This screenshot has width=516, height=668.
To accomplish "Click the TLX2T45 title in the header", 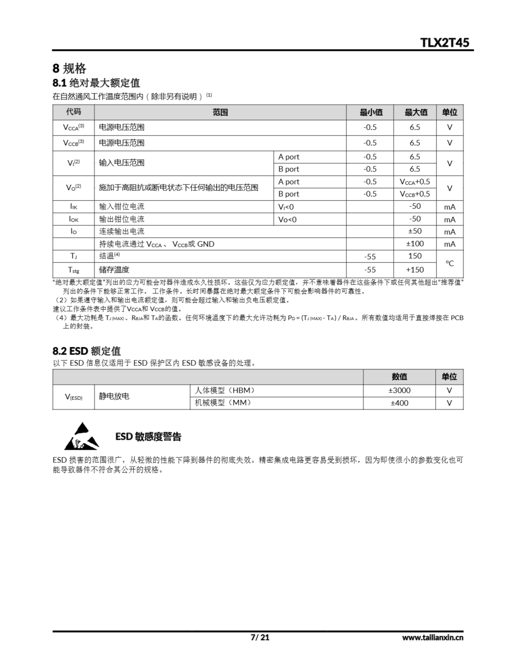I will coord(445,43).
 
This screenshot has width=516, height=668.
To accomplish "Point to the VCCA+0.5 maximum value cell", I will coord(415,182).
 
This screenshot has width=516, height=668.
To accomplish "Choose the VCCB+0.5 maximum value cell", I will coord(415,194).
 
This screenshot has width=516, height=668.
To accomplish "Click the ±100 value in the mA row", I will coord(415,244).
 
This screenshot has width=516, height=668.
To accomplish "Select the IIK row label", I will coord(73,207).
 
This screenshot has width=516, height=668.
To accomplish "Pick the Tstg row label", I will coord(73,270).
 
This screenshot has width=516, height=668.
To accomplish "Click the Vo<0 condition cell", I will coord(287,219).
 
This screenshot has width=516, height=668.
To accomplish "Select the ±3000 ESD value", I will coord(399,391).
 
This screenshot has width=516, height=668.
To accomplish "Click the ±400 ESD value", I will coord(399,403).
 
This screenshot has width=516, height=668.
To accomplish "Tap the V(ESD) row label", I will coord(73,397).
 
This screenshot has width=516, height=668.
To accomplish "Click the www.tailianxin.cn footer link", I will coord(433,637).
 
